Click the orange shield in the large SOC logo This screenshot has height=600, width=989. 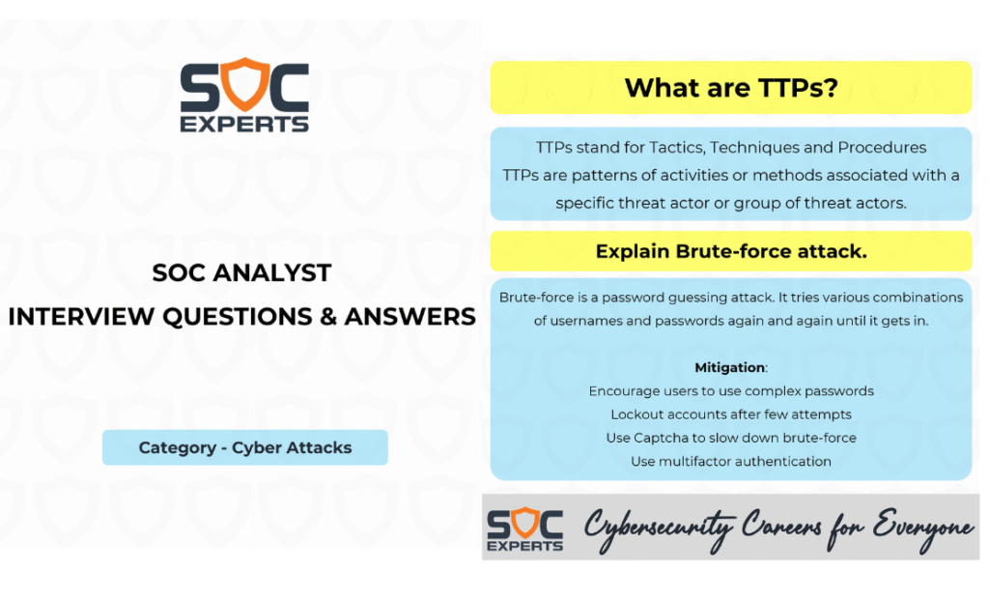pos(244,84)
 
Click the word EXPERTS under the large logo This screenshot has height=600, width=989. pos(244,125)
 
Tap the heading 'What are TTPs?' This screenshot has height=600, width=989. pos(731,88)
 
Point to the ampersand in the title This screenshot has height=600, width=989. pos(328,317)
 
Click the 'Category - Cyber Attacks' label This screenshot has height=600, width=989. pos(245,447)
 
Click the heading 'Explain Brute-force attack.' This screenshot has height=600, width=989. pos(731,251)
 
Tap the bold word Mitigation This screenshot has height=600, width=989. pos(730,367)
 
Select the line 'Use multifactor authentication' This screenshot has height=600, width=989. pos(731,461)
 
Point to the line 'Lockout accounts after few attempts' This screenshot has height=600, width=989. pos(731,414)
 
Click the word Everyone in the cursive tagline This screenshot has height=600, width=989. pos(922,529)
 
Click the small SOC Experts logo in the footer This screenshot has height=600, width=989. pos(524,529)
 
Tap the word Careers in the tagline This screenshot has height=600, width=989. pos(781,526)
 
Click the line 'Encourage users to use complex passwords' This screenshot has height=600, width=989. pos(731,391)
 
